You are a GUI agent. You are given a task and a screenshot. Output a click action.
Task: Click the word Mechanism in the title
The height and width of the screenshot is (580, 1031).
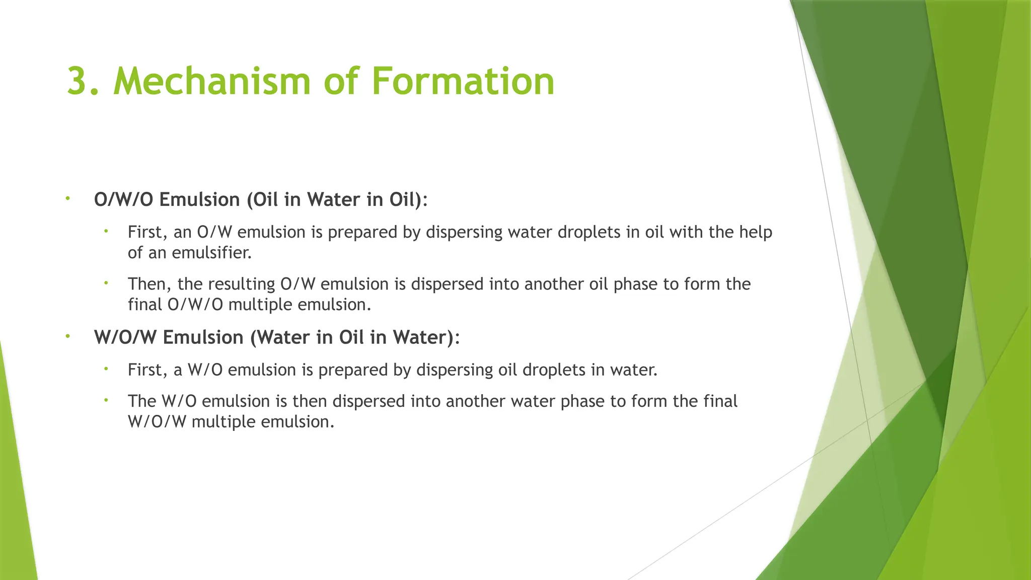coord(211,82)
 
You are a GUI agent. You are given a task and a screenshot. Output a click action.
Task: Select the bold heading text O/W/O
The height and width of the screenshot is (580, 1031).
coord(123,200)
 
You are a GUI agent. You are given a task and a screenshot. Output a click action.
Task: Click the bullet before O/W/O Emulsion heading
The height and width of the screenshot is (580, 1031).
coord(67,199)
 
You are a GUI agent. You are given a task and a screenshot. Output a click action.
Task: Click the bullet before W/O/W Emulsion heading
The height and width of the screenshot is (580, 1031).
coord(67,336)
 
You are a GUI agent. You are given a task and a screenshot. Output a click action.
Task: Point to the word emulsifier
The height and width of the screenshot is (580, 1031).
coord(211,253)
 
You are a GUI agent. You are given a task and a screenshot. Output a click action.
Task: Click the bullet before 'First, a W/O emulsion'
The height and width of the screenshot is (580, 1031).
coord(106,369)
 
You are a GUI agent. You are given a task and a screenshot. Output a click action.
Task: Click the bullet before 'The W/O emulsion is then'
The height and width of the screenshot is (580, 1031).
coord(106,400)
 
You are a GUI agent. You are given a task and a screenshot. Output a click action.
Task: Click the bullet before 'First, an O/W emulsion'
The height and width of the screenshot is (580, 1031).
coord(106,232)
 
